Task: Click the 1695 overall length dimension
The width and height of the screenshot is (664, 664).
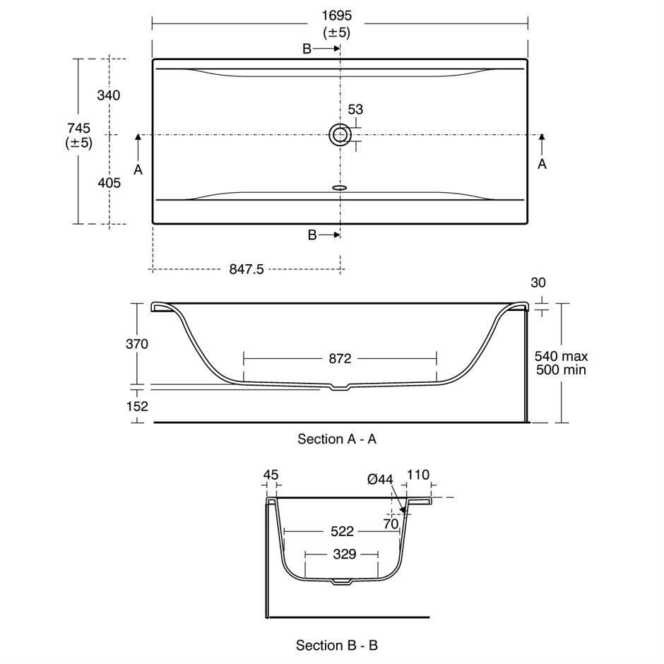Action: [337, 16]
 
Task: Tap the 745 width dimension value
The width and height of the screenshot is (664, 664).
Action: [79, 128]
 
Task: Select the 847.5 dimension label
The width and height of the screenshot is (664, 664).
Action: [247, 269]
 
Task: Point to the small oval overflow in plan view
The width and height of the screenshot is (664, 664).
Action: [340, 187]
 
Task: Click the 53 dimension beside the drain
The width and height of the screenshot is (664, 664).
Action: [355, 109]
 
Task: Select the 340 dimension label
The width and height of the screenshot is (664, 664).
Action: [108, 95]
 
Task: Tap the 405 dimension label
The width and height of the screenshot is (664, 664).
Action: [109, 183]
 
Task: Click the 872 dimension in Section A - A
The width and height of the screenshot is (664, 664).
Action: [340, 359]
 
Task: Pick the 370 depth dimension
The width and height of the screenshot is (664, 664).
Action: [137, 344]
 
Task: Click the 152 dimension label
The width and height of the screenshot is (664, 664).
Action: [137, 407]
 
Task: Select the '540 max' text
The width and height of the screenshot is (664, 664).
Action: [561, 356]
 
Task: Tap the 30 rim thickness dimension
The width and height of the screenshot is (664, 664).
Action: [538, 283]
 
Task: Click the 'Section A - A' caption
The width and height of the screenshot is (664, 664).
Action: [337, 439]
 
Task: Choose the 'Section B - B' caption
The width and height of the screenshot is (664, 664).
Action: [337, 646]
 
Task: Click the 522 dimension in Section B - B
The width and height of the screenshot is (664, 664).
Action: [342, 531]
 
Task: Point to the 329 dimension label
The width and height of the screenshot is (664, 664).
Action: [344, 554]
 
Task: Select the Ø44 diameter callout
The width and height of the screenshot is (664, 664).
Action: [380, 480]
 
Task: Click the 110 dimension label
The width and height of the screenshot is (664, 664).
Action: [418, 475]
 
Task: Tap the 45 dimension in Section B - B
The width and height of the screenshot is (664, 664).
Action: [271, 475]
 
